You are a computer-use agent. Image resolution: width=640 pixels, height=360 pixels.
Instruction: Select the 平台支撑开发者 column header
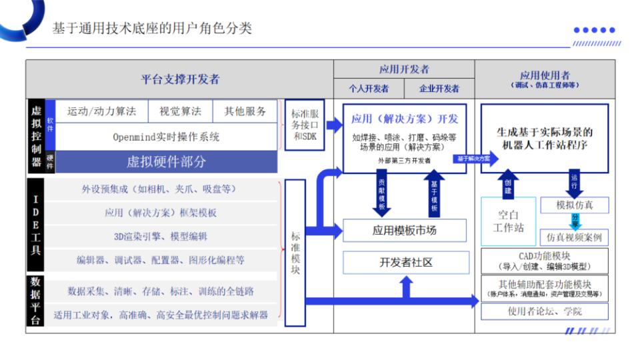(180, 79)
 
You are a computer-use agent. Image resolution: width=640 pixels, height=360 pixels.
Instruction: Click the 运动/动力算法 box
(101, 111)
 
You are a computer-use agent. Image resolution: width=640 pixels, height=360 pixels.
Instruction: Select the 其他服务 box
(245, 111)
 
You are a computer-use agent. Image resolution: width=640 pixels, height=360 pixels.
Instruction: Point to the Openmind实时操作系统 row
(166, 137)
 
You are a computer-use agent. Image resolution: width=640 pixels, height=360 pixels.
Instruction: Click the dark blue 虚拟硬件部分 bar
(166, 161)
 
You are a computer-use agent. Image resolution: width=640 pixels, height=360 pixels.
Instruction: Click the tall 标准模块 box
(295, 253)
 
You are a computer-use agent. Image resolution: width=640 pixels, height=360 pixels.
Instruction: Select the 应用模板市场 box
(404, 231)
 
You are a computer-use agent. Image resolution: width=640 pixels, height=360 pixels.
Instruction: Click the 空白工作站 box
(508, 221)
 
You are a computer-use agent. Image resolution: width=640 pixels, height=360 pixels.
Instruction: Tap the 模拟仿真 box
(574, 205)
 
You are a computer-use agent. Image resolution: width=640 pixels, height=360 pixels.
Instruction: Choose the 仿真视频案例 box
(574, 237)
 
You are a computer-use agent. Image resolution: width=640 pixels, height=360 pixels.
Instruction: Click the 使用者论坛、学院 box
(544, 311)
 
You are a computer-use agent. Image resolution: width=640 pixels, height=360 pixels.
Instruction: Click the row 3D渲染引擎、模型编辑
(160, 236)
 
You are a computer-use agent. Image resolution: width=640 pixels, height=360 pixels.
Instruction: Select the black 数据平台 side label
(36, 301)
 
